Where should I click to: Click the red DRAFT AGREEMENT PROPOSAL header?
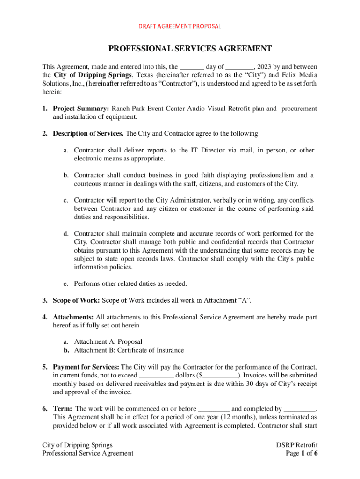click(x=180, y=26)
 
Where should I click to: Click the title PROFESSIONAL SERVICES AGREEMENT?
click(x=190, y=49)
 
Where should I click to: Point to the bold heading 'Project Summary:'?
click(x=80, y=109)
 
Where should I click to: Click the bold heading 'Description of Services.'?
click(x=88, y=134)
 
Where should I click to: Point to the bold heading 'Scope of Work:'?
click(x=76, y=300)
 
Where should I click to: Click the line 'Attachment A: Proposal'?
click(x=108, y=342)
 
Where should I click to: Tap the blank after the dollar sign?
click(x=221, y=375)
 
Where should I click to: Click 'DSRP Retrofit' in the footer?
click(x=297, y=445)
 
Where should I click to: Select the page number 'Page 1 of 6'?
click(x=302, y=453)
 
